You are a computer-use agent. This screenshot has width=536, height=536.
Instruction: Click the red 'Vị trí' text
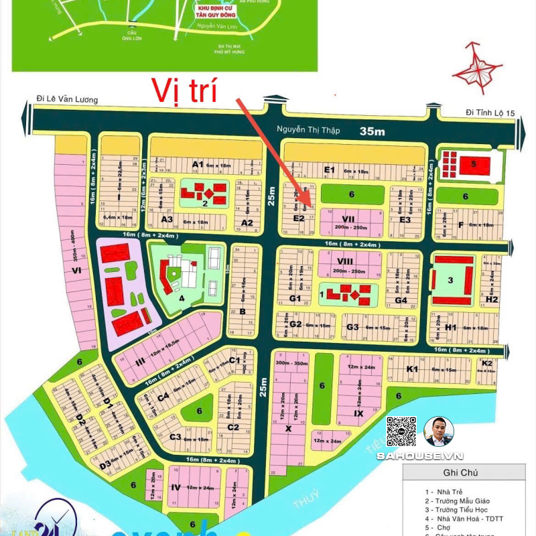tap(184, 90)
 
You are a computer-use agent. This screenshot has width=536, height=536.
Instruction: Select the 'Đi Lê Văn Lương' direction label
tap(67, 100)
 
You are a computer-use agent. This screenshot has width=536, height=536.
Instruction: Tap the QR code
tap(401, 431)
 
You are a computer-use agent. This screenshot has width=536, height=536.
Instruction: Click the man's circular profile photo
tap(440, 431)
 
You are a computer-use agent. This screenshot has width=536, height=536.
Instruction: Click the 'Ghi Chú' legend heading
tap(468, 472)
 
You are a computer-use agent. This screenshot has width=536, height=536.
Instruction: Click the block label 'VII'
tap(348, 218)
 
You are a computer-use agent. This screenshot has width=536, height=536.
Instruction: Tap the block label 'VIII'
tap(346, 261)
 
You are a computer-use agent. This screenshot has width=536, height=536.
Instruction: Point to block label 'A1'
tap(197, 163)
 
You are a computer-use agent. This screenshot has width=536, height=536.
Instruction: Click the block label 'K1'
tap(412, 369)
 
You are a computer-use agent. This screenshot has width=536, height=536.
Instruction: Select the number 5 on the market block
tap(473, 163)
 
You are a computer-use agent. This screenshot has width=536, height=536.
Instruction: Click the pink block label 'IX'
tap(358, 413)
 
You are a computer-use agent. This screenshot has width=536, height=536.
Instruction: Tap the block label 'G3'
tap(352, 327)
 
